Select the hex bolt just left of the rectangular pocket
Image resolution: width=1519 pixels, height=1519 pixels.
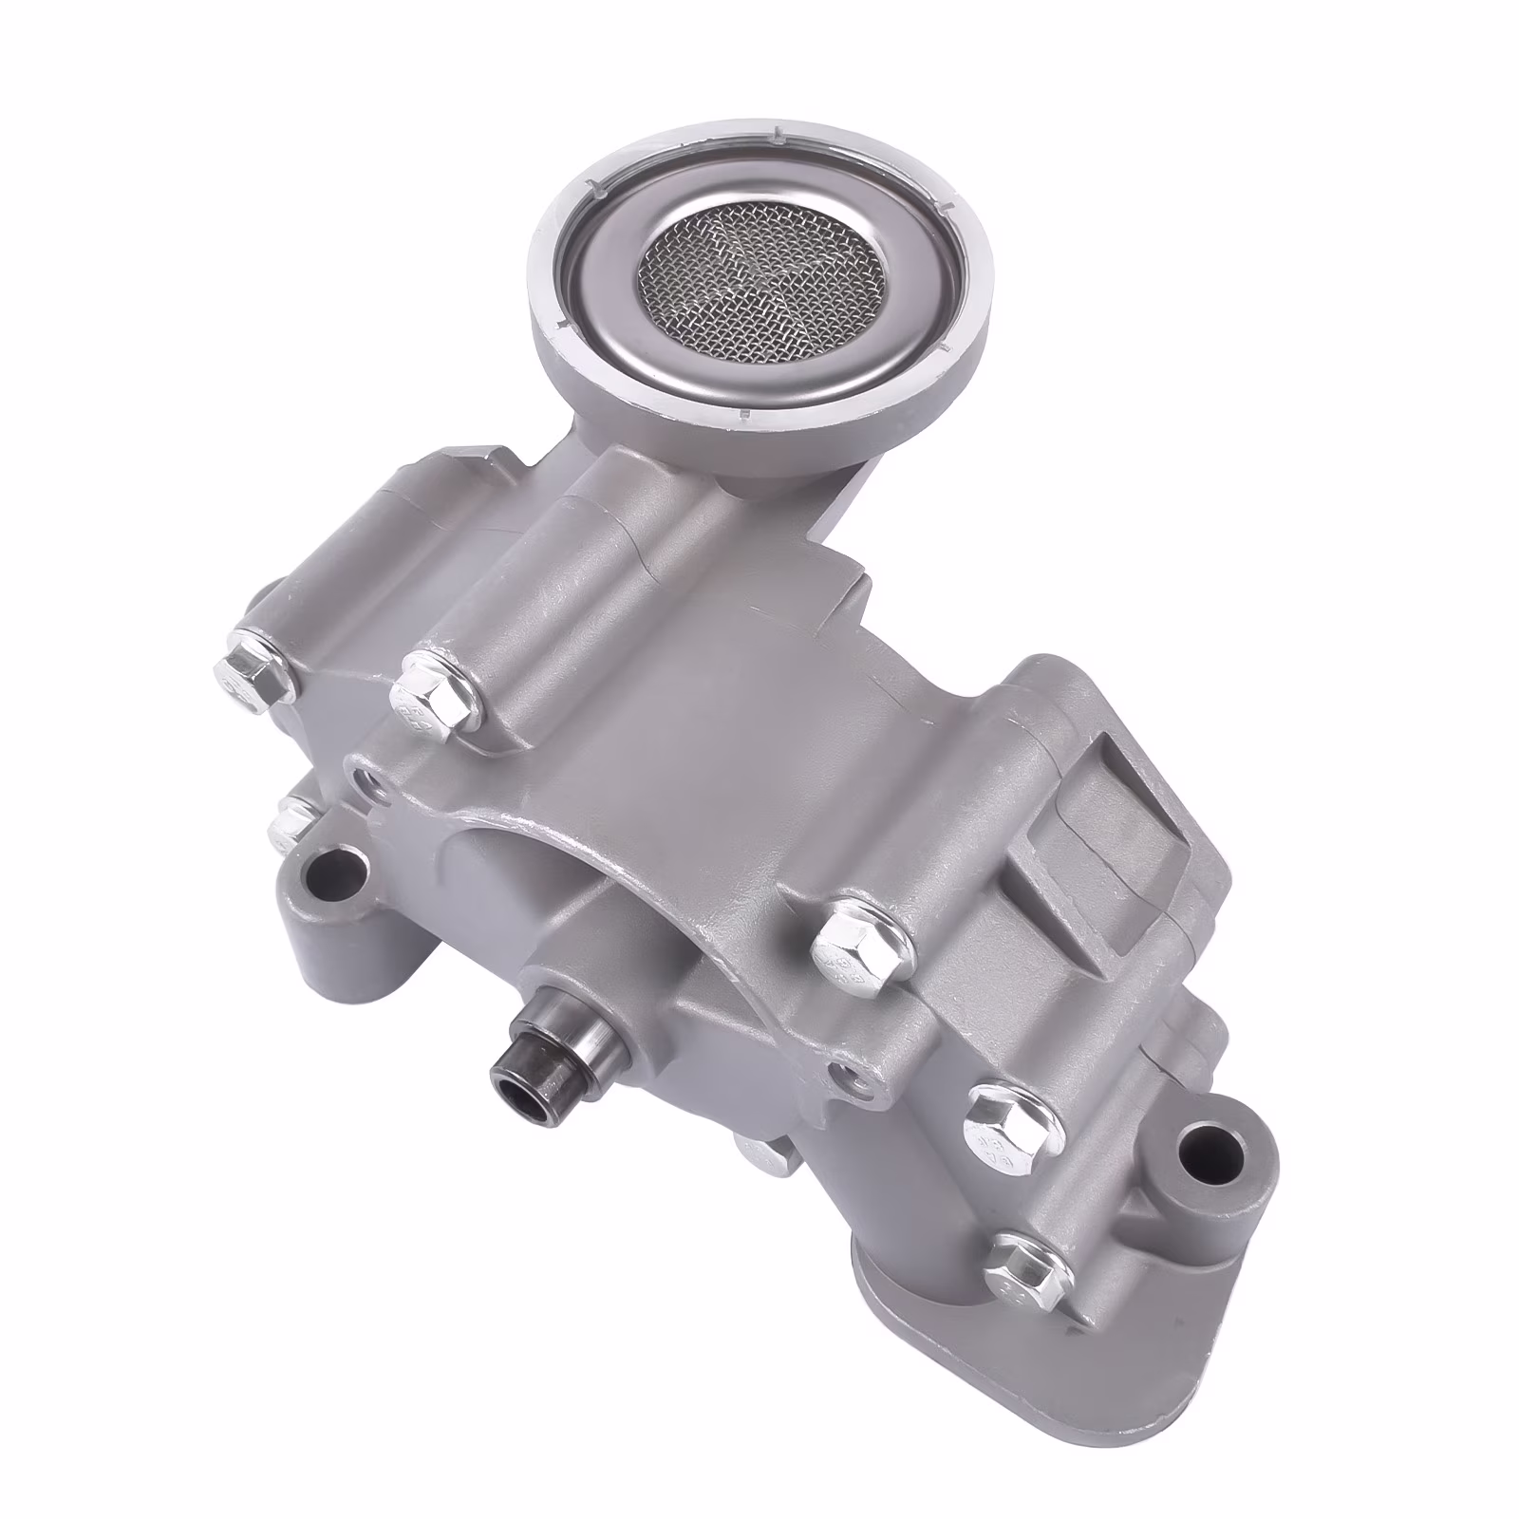click(x=859, y=941)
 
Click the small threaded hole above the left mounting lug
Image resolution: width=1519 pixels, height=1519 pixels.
click(x=364, y=786)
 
